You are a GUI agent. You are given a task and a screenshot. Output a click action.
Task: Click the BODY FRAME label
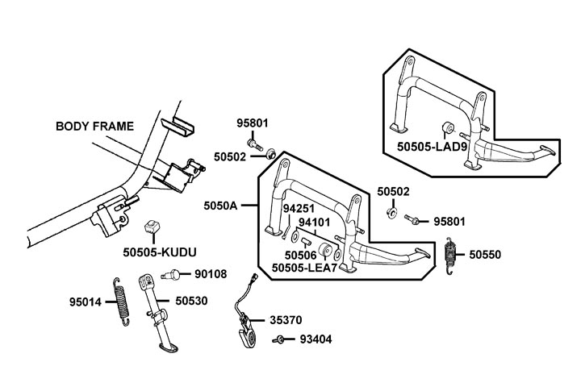[x=94, y=126]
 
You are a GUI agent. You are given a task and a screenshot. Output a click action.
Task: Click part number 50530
[x=190, y=301]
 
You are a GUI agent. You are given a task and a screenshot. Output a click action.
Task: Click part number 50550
[x=486, y=255]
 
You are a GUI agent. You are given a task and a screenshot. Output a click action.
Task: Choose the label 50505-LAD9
[x=431, y=146]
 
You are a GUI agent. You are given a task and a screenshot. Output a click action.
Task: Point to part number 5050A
[x=221, y=206]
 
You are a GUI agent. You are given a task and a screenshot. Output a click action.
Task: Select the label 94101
[x=316, y=222]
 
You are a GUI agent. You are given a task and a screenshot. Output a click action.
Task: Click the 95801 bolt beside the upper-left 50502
[x=255, y=146]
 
